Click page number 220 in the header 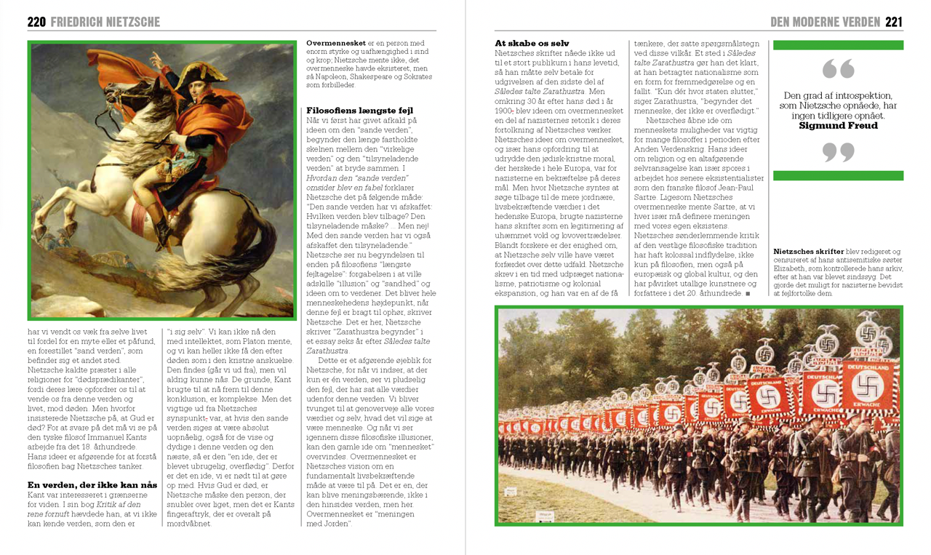click(x=36, y=23)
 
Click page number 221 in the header click(x=893, y=23)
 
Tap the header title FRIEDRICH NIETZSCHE click(x=105, y=23)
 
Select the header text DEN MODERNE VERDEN click(x=825, y=23)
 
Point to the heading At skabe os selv click(x=532, y=44)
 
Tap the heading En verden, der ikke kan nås click(x=92, y=484)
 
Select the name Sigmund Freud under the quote click(x=837, y=126)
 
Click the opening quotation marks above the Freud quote click(x=838, y=70)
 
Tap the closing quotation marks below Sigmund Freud click(x=838, y=152)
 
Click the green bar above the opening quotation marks click(x=838, y=45)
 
